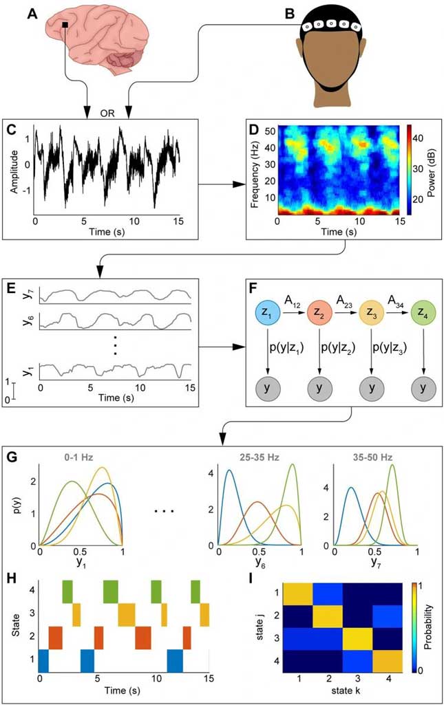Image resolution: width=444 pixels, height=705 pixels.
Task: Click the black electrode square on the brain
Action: coord(65,26)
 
